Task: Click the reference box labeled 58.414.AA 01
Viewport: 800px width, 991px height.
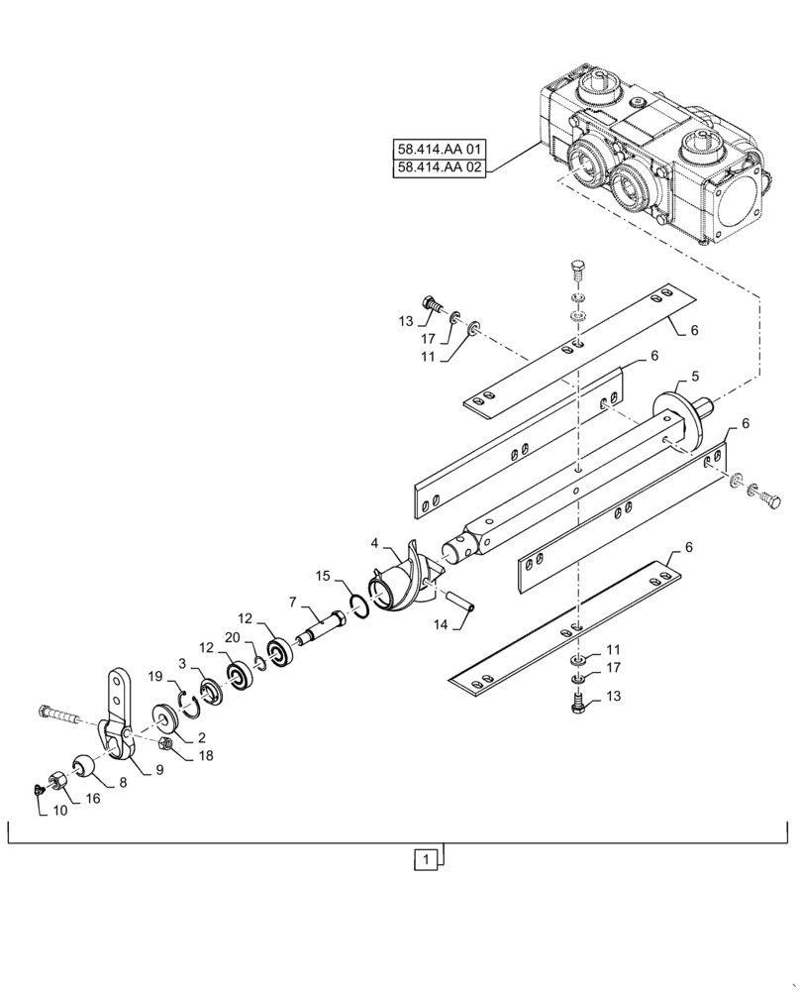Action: tap(438, 151)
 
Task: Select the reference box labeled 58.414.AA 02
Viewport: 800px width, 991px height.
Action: tap(438, 167)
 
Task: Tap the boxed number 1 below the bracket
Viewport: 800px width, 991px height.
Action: tap(425, 860)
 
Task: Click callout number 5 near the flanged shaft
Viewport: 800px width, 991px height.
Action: tap(694, 377)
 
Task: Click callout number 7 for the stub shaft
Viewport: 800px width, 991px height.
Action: tap(292, 602)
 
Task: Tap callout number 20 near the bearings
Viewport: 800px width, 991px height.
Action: tap(231, 637)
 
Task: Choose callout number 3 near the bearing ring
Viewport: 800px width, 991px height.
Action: tap(181, 661)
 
